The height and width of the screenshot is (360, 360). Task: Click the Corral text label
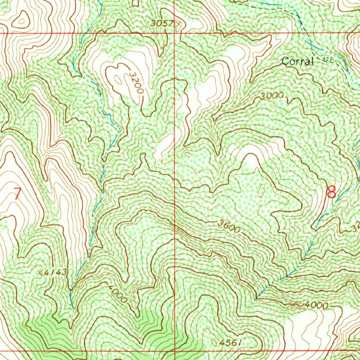[297, 62]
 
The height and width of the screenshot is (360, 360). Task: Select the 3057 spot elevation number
[162, 24]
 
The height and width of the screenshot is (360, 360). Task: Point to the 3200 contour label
[136, 83]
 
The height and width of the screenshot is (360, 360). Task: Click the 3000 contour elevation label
[272, 96]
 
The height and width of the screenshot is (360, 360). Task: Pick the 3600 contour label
[229, 227]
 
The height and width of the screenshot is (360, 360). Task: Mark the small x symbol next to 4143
[40, 272]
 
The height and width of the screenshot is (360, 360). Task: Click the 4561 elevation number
[231, 342]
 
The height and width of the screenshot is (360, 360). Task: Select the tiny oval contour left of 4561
[215, 341]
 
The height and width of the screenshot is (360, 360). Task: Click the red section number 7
[17, 194]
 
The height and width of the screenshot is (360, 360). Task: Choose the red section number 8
[331, 192]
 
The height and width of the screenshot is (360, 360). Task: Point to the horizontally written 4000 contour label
[316, 306]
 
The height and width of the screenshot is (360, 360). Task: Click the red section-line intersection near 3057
[175, 33]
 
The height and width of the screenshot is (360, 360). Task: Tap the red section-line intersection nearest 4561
[175, 351]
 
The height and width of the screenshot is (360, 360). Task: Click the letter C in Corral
[285, 62]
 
